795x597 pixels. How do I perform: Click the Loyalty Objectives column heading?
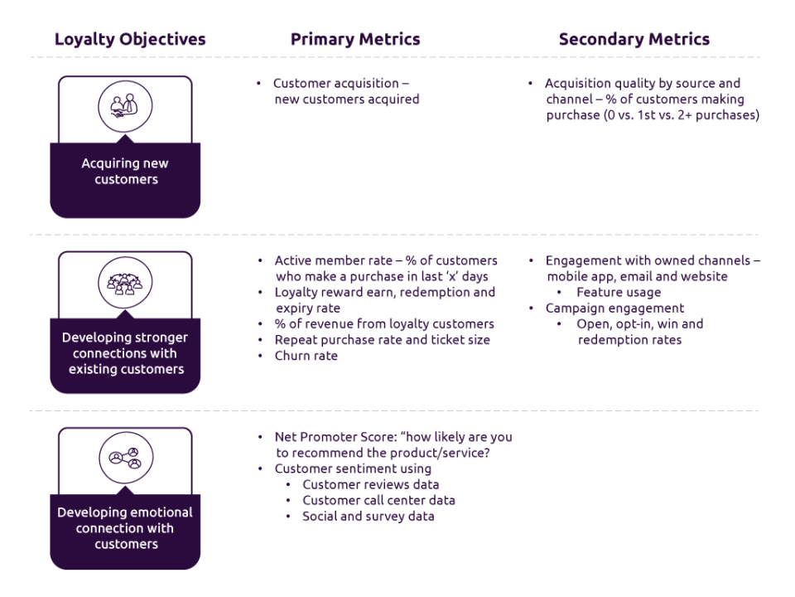click(130, 39)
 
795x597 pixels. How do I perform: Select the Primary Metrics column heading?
click(355, 39)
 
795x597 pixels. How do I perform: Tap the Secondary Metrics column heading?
click(634, 39)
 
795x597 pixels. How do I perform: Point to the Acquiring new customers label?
click(125, 172)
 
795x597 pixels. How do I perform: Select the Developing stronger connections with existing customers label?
click(125, 353)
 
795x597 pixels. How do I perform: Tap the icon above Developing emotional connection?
click(125, 458)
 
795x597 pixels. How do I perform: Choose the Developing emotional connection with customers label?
click(125, 528)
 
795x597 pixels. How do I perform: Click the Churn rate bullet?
click(306, 356)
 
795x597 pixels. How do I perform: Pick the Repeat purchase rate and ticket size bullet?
click(382, 340)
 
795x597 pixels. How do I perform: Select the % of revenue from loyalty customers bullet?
click(383, 324)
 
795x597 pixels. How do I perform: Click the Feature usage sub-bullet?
click(618, 293)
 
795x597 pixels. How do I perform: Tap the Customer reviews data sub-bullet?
click(370, 484)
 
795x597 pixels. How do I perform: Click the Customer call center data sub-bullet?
click(378, 500)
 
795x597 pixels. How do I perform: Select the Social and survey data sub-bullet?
click(368, 516)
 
